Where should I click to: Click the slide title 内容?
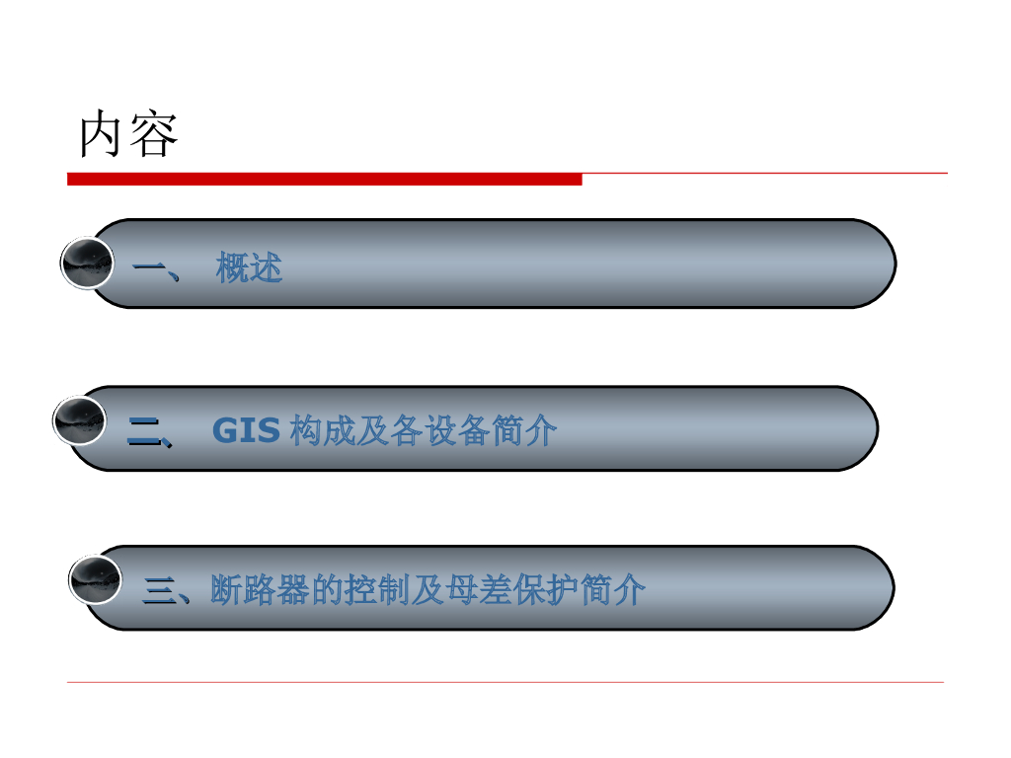pyautogui.click(x=128, y=135)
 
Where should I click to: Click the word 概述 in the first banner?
pyautogui.click(x=249, y=267)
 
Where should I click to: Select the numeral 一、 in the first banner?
pyautogui.click(x=156, y=267)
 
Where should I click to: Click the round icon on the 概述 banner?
pyautogui.click(x=87, y=264)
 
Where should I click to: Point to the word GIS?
pyautogui.click(x=247, y=431)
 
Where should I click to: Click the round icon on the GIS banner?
pyautogui.click(x=79, y=422)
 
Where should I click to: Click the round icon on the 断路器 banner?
pyautogui.click(x=95, y=578)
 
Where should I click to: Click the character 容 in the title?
pyautogui.click(x=154, y=135)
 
